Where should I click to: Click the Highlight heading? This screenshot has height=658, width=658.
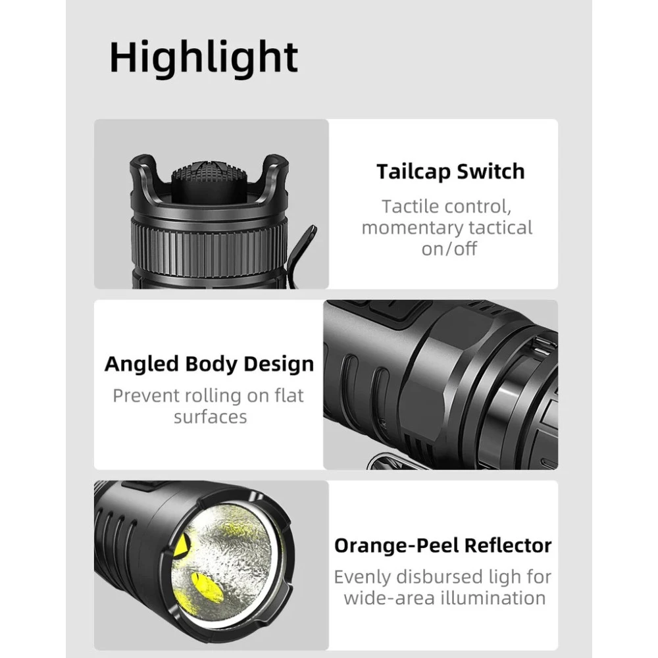pyautogui.click(x=203, y=58)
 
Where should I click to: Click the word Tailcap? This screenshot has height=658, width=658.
pyautogui.click(x=412, y=172)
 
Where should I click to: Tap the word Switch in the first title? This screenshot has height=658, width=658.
pyautogui.click(x=491, y=171)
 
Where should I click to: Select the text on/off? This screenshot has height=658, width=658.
pyautogui.click(x=449, y=249)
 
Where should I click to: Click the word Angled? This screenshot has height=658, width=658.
pyautogui.click(x=141, y=365)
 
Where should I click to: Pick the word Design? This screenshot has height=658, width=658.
pyautogui.click(x=278, y=365)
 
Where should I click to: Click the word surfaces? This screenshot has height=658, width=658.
pyautogui.click(x=211, y=417)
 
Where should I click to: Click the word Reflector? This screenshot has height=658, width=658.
pyautogui.click(x=508, y=545)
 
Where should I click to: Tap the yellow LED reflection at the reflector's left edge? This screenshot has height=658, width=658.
pyautogui.click(x=182, y=547)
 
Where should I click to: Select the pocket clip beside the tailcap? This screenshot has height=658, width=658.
pyautogui.click(x=303, y=254)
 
